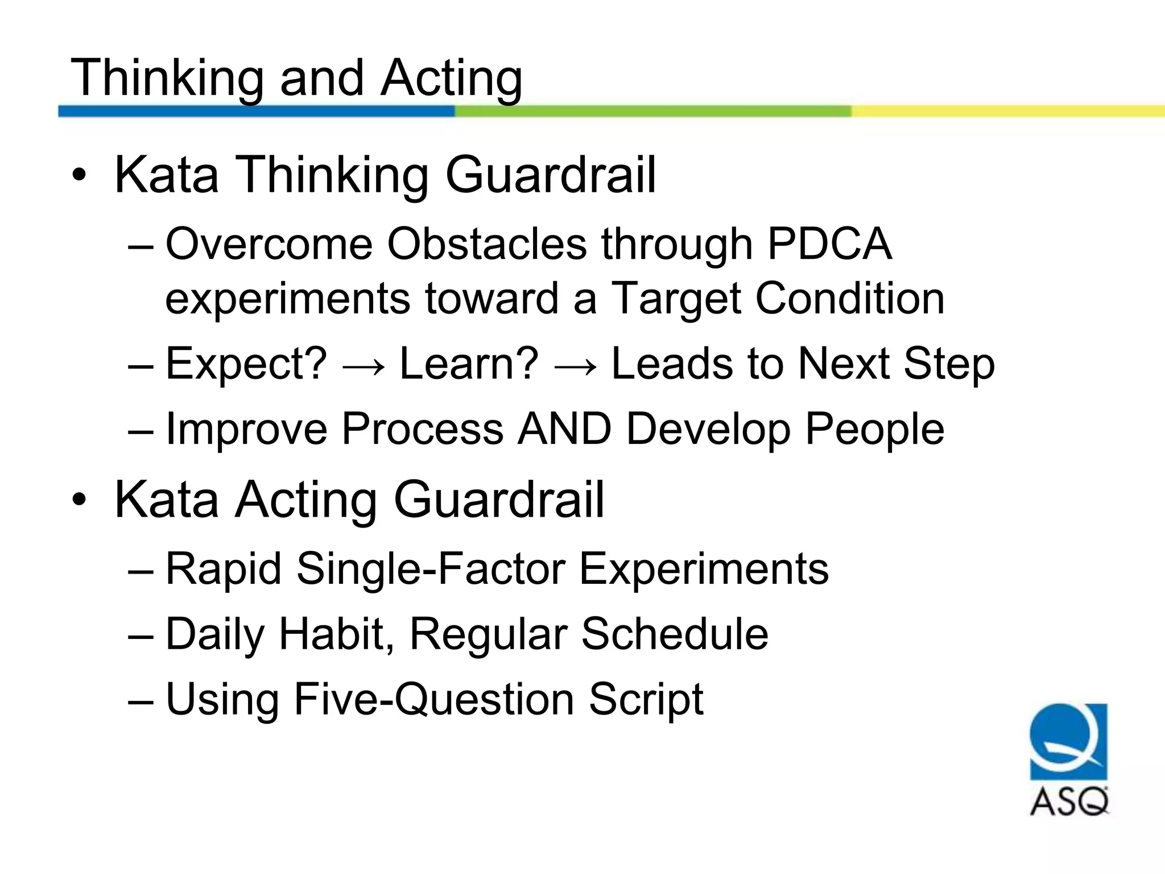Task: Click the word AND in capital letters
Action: point(564,429)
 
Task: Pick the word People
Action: point(875,429)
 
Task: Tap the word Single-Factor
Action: point(431,569)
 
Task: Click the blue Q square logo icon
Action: point(1068,741)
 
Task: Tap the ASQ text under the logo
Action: point(1069,802)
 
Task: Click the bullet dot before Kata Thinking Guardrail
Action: point(79,175)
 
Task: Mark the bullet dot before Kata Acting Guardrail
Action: point(79,500)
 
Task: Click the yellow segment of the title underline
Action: point(1007,111)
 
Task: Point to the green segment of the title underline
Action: point(652,111)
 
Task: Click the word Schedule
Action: point(675,634)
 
